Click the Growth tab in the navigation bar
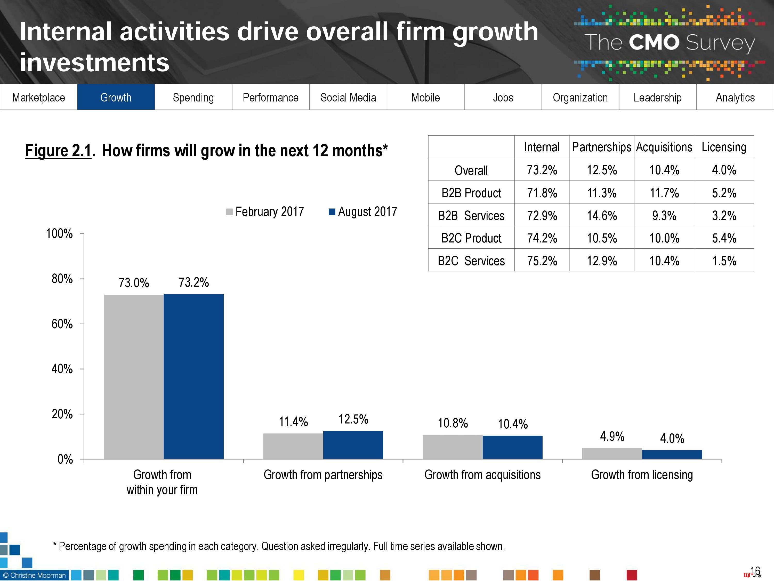coord(116,97)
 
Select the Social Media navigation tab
coord(348,97)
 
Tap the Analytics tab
coord(735,97)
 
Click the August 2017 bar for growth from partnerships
coord(353,445)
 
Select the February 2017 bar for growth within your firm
coord(134,376)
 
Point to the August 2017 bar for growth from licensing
coord(672,454)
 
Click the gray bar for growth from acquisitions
coord(453,447)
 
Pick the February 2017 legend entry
coord(265,211)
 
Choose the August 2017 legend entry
coord(363,211)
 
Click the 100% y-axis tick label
coord(59,234)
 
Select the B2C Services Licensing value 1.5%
coord(724,261)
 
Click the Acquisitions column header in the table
coord(664,147)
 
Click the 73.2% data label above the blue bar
coord(193,282)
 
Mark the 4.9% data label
coord(612,436)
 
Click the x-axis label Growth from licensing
coord(642,475)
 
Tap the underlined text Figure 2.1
coord(58,151)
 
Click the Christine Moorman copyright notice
coord(34,575)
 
